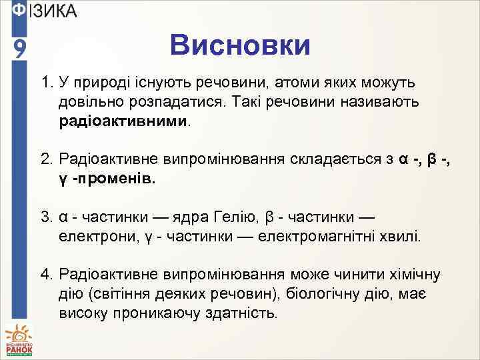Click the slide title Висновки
point(239,45)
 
